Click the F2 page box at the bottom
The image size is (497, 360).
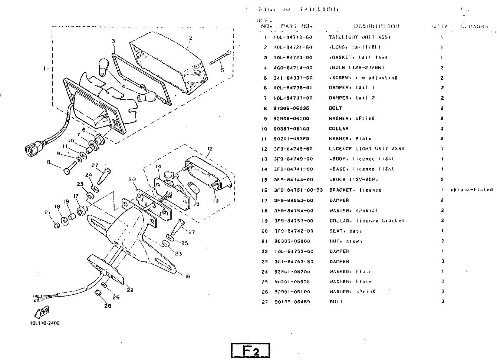pos(250,351)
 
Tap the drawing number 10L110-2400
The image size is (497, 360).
pos(45,323)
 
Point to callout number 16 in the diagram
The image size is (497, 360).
pos(188,276)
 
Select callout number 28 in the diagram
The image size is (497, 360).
pos(108,306)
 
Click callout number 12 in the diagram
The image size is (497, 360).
pos(210,149)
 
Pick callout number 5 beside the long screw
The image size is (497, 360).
pos(222,70)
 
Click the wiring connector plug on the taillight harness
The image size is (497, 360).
pos(32,149)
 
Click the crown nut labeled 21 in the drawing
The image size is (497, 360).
pos(57,225)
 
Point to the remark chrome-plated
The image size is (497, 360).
pos(471,190)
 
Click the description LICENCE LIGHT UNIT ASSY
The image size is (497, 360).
pos(366,149)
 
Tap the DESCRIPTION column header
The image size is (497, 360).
pos(376,26)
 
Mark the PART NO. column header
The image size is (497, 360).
pos(297,26)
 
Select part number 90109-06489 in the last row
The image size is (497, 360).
pos(292,301)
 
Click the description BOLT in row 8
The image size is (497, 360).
pos(335,108)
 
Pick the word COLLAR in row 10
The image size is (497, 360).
pos(339,129)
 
